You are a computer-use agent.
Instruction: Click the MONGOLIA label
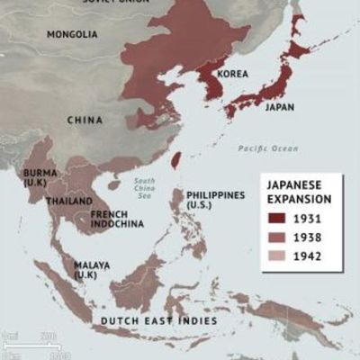[x=72, y=34]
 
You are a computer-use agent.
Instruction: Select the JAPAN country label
[x=280, y=105]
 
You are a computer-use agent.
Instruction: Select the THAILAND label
[x=69, y=200]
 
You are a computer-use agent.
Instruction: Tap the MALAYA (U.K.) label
[x=92, y=269]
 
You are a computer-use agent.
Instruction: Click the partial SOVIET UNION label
[x=117, y=3]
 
